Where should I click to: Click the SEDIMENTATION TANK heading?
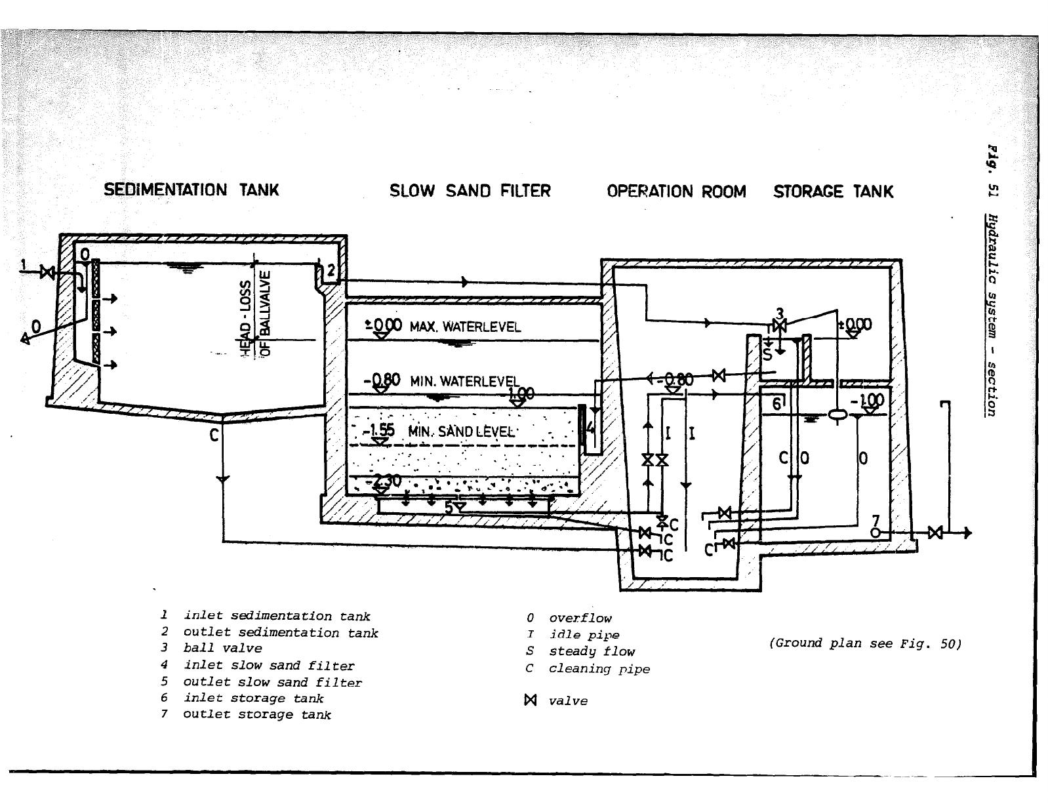[x=191, y=190]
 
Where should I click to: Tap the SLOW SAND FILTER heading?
[x=470, y=191]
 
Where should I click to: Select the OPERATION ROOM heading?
[x=676, y=192]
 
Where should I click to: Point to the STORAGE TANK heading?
[x=833, y=192]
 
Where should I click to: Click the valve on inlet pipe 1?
[x=47, y=272]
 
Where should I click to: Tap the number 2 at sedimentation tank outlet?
[x=331, y=270]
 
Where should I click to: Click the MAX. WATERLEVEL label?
[x=465, y=327]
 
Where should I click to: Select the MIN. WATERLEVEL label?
[x=464, y=381]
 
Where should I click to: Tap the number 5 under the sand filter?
[x=449, y=507]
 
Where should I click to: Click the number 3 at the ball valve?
[x=780, y=313]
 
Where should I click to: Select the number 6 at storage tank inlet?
[x=776, y=404]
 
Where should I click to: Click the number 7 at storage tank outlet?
[x=876, y=521]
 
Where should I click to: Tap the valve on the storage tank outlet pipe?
[x=936, y=532]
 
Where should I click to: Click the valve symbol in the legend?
[x=531, y=700]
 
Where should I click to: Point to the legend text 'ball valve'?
[x=222, y=648]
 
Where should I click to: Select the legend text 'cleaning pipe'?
[x=599, y=668]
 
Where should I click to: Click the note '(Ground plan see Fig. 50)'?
[x=865, y=643]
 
